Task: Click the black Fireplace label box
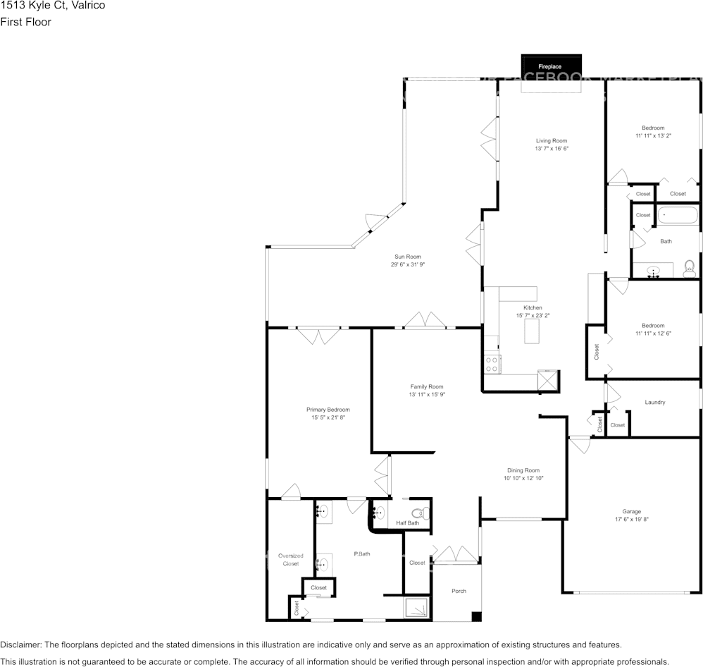[x=551, y=66]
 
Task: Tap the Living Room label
[x=551, y=141]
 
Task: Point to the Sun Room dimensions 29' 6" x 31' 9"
[x=408, y=265]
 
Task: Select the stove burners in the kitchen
[x=492, y=364]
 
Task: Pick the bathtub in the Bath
[x=678, y=215]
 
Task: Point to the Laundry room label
[x=654, y=403]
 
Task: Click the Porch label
[x=459, y=591]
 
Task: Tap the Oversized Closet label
[x=290, y=560]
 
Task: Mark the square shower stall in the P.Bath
[x=414, y=606]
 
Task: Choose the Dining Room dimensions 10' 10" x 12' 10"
[x=523, y=478]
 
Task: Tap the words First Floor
[x=25, y=22]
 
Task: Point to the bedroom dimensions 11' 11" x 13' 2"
[x=652, y=135]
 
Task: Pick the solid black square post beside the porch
[x=476, y=617]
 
